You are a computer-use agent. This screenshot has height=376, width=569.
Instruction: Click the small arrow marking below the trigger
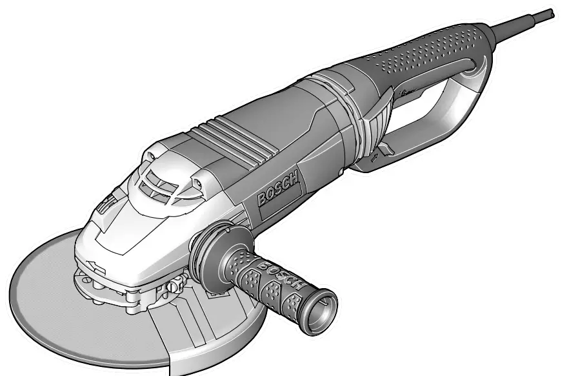point(375,157)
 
